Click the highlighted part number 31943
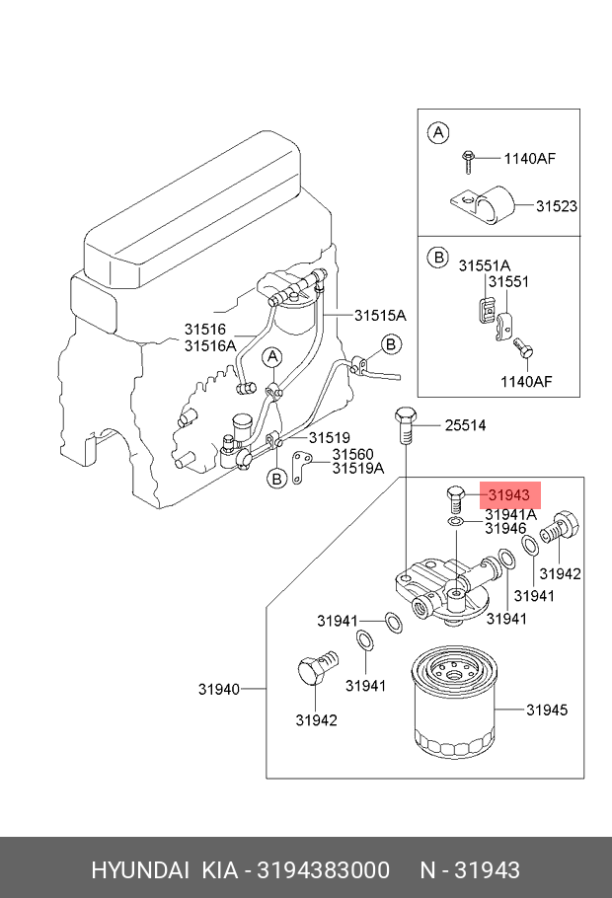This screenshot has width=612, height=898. (509, 495)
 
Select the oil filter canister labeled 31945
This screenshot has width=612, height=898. (453, 703)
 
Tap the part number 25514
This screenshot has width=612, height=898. (465, 425)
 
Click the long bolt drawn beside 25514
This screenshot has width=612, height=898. (405, 425)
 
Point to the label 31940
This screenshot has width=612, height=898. (219, 689)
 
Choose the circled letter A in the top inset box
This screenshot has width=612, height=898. (438, 133)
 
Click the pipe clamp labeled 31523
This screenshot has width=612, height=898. (482, 205)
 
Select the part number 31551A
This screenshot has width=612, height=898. (485, 265)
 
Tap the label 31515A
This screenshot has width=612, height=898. (380, 315)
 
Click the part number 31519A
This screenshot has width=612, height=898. (358, 469)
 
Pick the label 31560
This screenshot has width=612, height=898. (353, 454)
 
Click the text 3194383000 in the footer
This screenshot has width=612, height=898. (323, 870)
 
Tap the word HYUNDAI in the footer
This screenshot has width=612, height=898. (140, 870)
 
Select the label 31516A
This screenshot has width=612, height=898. (210, 346)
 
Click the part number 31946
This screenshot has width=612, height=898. (505, 528)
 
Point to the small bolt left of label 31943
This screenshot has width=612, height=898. (454, 500)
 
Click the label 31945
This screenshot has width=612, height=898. (547, 711)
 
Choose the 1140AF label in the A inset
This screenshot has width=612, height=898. (529, 158)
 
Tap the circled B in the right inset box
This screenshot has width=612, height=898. (438, 258)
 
